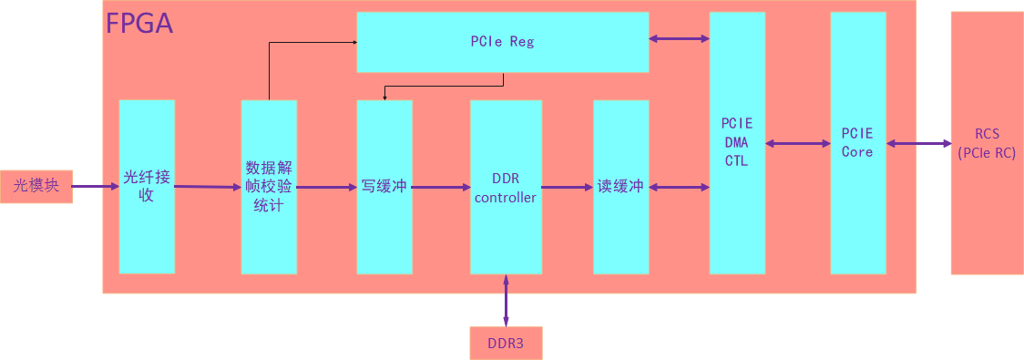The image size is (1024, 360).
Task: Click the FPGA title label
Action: (x=139, y=23)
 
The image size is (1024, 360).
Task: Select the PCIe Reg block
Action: (x=502, y=41)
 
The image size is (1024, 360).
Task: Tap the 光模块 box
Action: (x=36, y=186)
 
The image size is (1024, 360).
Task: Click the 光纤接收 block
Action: (x=147, y=186)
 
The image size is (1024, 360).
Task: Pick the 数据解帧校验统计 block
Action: (x=269, y=186)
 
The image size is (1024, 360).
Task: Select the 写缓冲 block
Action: (x=384, y=186)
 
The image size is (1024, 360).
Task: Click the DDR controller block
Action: (x=506, y=186)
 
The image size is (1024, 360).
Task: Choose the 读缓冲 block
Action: (x=620, y=186)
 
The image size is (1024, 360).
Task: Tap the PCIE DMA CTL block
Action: (x=737, y=142)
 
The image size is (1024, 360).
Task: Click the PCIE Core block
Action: (x=857, y=142)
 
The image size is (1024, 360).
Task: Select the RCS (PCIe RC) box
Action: (x=987, y=143)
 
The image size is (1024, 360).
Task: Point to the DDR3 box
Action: (x=506, y=343)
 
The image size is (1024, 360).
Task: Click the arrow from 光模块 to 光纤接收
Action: (x=96, y=187)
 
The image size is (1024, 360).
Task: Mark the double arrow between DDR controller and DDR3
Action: (x=506, y=300)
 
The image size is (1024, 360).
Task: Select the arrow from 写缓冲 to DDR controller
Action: (x=441, y=187)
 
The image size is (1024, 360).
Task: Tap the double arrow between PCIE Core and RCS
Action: (x=918, y=143)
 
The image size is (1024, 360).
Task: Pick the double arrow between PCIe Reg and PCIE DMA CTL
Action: (x=679, y=38)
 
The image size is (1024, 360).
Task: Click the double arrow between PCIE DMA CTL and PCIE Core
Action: (x=797, y=143)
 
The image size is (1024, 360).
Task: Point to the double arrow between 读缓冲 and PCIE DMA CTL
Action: (x=679, y=187)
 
